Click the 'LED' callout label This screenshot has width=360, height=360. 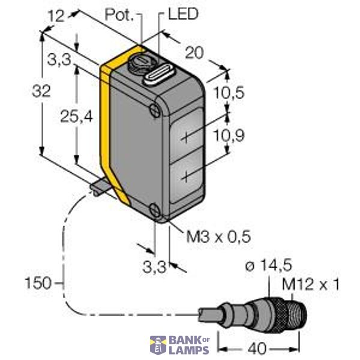(x=182, y=14)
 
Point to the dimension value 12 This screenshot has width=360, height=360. (x=55, y=17)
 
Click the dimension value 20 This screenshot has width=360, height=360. (x=194, y=53)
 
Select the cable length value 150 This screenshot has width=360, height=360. (x=37, y=281)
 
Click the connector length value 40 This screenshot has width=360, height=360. (x=257, y=347)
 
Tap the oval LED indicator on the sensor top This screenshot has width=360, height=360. (x=158, y=76)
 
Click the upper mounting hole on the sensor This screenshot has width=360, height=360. (x=155, y=111)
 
